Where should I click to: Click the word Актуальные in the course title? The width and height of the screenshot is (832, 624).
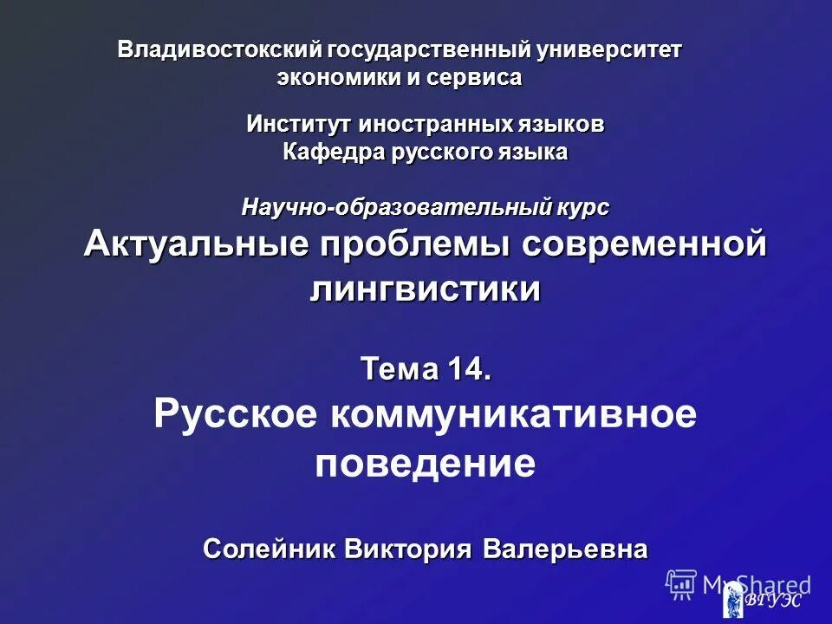tap(196, 245)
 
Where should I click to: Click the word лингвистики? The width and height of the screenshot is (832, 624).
tap(425, 289)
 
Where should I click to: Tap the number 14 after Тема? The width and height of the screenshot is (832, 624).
tap(468, 370)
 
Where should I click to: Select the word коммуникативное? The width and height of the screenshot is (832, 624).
tap(513, 415)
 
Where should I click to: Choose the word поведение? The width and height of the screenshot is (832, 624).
tap(425, 465)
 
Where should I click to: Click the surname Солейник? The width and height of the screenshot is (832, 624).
tap(269, 549)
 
